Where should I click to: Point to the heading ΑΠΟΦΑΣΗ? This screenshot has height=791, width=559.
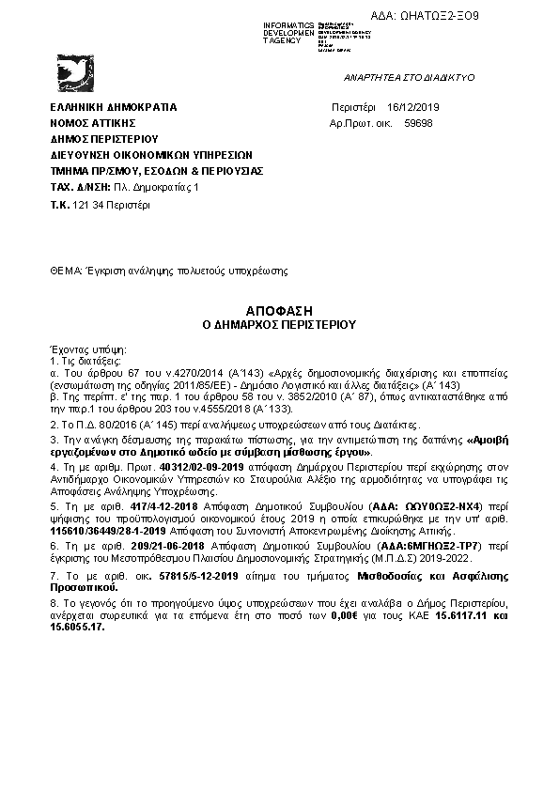(278, 309)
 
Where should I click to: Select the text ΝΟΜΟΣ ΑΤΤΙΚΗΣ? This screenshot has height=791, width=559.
(94, 123)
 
